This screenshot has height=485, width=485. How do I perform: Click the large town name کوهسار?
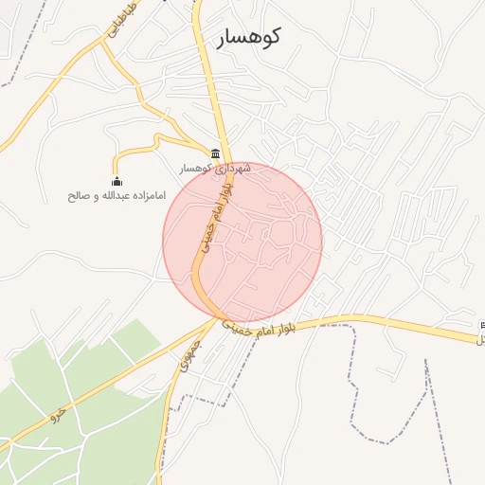tap(249, 39)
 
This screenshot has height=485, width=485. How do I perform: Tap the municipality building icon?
tap(216, 154)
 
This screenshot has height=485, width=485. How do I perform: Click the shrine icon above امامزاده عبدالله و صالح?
tap(117, 182)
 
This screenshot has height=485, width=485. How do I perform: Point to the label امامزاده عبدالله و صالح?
tap(117, 196)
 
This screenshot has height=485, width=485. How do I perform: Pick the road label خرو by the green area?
tap(59, 414)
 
